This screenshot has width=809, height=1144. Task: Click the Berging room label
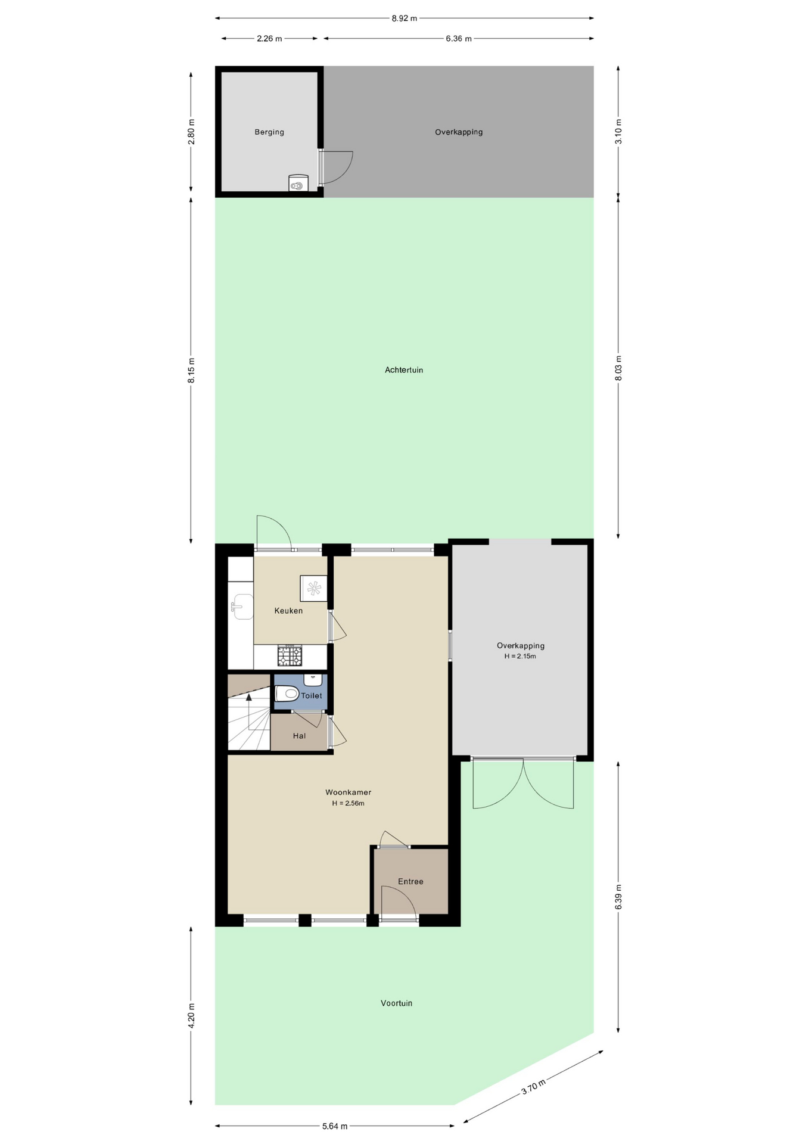point(269,132)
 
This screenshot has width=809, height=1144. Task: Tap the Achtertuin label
point(404,370)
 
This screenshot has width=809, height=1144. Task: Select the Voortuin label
point(397,1003)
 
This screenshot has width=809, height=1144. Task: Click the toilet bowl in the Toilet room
point(287,694)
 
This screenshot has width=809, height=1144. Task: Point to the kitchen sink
point(241,607)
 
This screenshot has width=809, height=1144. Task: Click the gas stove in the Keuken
point(290,656)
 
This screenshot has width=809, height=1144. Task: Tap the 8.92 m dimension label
point(404,18)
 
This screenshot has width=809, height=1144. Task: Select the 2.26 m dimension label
point(269,39)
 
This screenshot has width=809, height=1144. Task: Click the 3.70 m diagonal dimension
point(534,1087)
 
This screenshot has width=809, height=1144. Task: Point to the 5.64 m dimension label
point(335,1126)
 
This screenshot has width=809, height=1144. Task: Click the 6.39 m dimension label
point(618,897)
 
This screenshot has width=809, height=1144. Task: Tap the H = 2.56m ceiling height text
point(349,803)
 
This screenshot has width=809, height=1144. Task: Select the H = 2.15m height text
point(520,657)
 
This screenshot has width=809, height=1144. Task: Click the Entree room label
point(411,882)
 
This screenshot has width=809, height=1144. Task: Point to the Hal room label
point(299,736)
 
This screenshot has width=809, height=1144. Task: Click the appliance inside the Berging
point(298,184)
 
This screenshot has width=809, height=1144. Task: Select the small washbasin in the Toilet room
point(313,680)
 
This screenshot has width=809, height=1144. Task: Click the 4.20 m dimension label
point(191,1016)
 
